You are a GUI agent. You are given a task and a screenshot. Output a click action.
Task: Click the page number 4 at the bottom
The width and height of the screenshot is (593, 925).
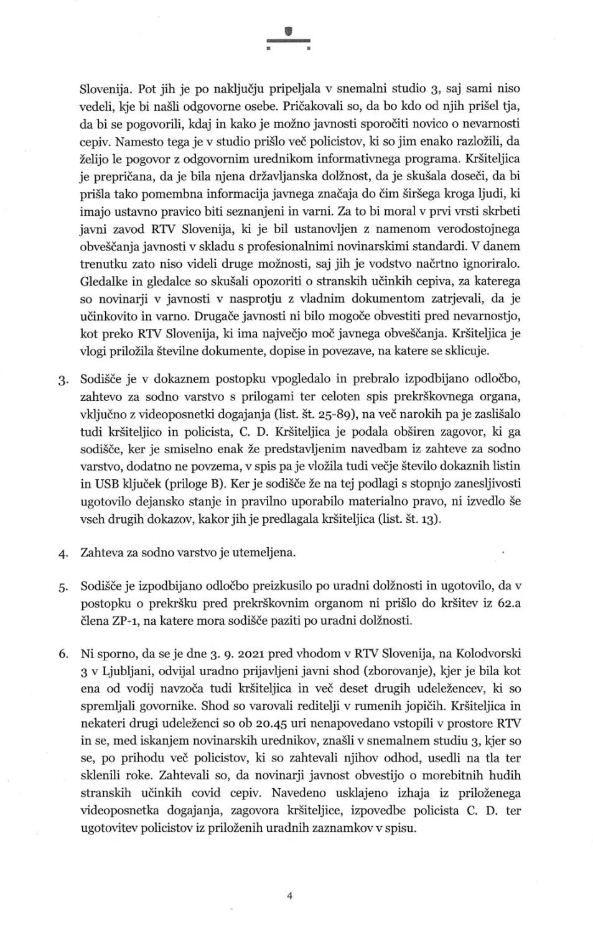click(x=290, y=896)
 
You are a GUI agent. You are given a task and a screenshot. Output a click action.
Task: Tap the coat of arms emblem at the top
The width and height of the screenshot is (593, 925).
click(x=288, y=31)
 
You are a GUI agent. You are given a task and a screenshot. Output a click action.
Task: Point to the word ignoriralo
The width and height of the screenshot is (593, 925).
click(x=494, y=264)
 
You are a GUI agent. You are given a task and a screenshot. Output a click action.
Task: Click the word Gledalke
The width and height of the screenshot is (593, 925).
click(x=103, y=282)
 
